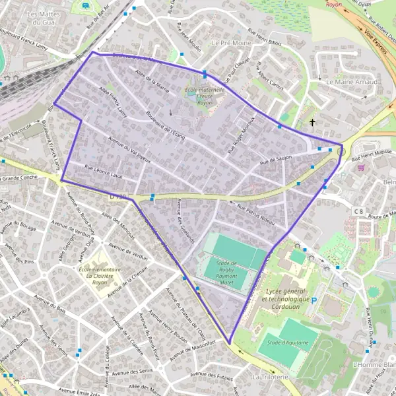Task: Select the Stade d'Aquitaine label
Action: [285, 341]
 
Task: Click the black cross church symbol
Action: [313, 122]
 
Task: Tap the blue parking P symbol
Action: [314, 300]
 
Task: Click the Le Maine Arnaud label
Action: [352, 82]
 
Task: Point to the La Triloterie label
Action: [270, 376]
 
